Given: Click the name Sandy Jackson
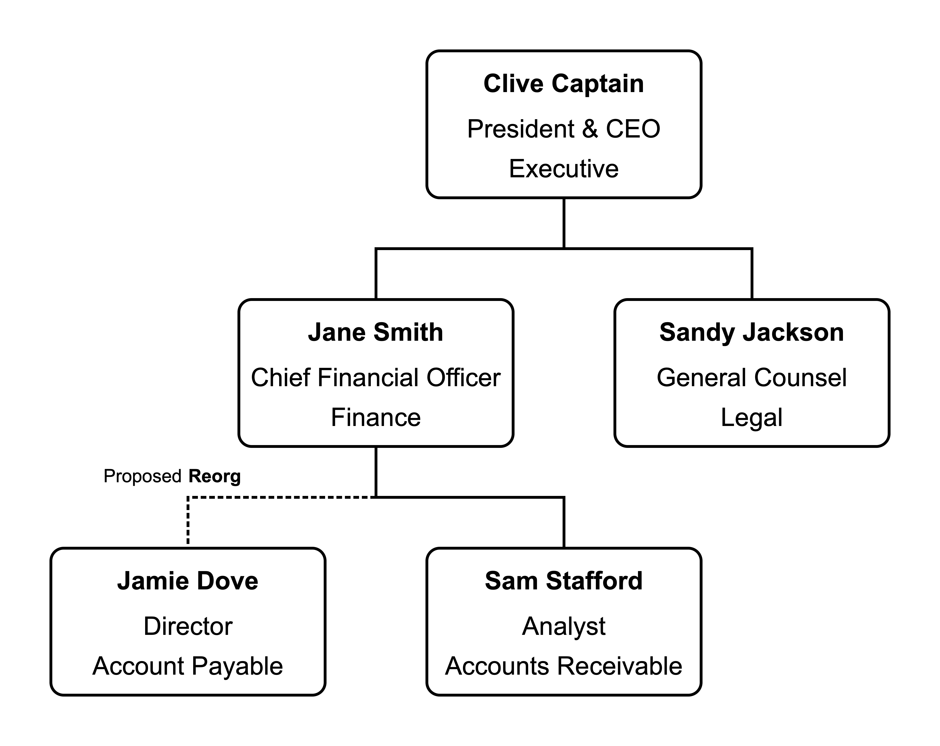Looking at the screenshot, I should (752, 332).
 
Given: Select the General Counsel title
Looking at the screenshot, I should (752, 377).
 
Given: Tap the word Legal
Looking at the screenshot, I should (752, 418).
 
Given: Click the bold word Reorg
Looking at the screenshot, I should (215, 476).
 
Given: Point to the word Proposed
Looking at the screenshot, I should (142, 476).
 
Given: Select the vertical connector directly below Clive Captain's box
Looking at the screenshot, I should (564, 223).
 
